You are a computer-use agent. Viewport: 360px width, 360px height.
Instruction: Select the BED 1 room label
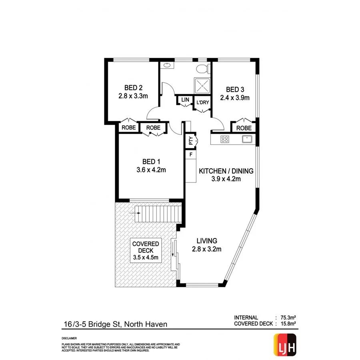click(151, 162)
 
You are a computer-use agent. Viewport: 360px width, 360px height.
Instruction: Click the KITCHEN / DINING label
click(226, 171)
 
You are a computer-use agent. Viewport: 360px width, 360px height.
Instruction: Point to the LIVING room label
click(206, 241)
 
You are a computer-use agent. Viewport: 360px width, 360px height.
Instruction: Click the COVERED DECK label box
click(146, 251)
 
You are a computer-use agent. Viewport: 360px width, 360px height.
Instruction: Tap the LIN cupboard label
click(185, 100)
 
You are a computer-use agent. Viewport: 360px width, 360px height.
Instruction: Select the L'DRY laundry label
click(202, 103)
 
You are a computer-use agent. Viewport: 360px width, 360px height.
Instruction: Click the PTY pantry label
click(191, 140)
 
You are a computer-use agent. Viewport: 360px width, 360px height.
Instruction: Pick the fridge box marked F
click(191, 154)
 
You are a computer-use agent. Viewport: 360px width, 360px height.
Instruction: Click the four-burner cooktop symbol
click(225, 139)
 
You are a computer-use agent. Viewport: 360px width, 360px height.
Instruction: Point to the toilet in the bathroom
click(204, 68)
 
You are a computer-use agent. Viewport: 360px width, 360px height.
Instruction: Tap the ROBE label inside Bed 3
click(244, 128)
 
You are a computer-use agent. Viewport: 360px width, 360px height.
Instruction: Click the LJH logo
click(284, 344)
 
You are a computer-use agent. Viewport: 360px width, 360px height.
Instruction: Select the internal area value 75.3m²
click(286, 318)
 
